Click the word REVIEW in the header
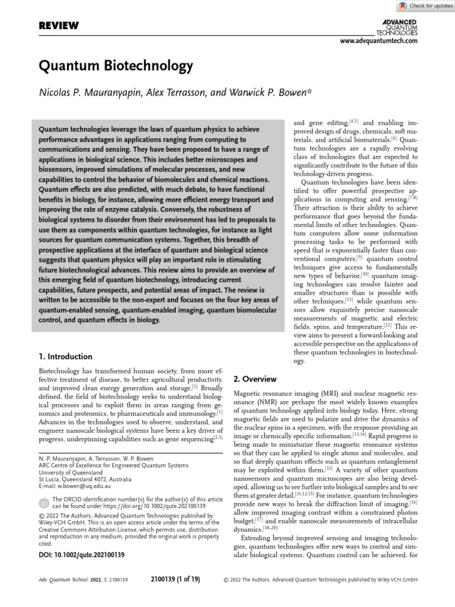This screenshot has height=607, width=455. (x=59, y=25)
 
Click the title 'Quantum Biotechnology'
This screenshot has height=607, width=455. (x=116, y=65)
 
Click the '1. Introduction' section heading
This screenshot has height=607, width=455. (x=65, y=356)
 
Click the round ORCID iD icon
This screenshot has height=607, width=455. (x=44, y=503)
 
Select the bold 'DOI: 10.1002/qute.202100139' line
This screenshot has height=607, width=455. (x=81, y=555)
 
